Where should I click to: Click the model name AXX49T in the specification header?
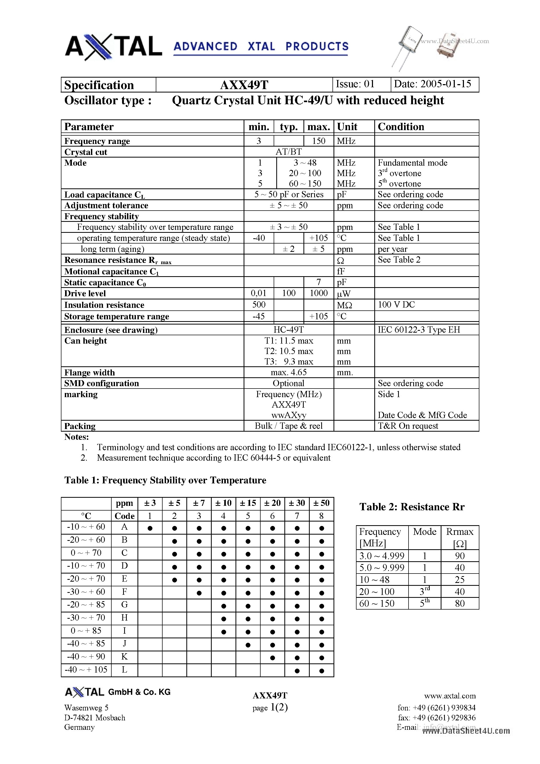tap(244, 85)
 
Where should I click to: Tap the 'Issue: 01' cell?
tap(355, 84)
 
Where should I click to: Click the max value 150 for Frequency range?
tap(318, 141)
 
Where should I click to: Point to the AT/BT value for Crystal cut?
tap(288, 152)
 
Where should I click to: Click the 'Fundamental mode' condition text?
tap(412, 163)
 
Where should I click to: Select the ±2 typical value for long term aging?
tap(288, 249)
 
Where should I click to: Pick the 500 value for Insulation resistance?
tap(259, 304)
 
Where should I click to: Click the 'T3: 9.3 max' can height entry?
tap(288, 362)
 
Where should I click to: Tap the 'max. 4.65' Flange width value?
tap(288, 372)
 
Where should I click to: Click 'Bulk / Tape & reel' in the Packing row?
tap(288, 426)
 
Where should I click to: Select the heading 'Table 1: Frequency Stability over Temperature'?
tap(165, 480)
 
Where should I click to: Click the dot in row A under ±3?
tap(150, 528)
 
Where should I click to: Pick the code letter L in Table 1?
tap(124, 669)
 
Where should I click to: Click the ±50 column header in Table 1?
tap(321, 503)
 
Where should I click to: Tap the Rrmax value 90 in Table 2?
tap(459, 556)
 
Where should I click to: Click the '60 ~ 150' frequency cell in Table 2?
tap(377, 603)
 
